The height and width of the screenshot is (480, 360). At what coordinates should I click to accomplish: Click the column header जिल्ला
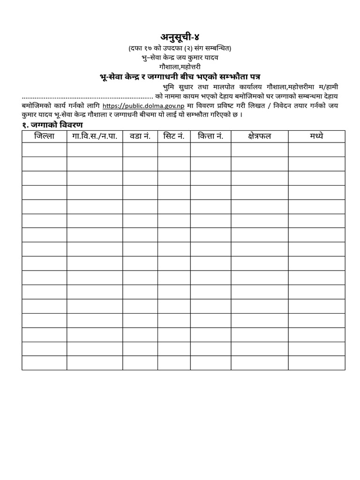tap(44, 136)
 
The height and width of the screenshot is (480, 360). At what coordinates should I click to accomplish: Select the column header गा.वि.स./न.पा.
tap(95, 136)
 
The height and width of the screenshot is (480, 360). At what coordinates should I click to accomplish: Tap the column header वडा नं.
tap(140, 136)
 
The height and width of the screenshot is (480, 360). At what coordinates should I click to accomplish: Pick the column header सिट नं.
tap(174, 136)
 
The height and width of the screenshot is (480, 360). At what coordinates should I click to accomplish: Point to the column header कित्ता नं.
tap(210, 136)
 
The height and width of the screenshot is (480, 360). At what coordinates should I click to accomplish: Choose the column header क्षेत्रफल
tap(260, 136)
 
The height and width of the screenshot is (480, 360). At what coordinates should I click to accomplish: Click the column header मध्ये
tap(316, 136)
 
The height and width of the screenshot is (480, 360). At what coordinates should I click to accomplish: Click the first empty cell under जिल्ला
tap(44, 150)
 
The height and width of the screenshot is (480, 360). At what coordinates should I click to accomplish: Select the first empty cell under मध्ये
tap(316, 150)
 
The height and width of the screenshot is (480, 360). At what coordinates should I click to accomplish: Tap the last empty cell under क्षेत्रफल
tap(260, 363)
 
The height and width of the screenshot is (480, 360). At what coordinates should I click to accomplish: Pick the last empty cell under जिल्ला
tap(44, 363)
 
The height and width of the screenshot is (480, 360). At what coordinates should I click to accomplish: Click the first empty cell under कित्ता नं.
tap(210, 150)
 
